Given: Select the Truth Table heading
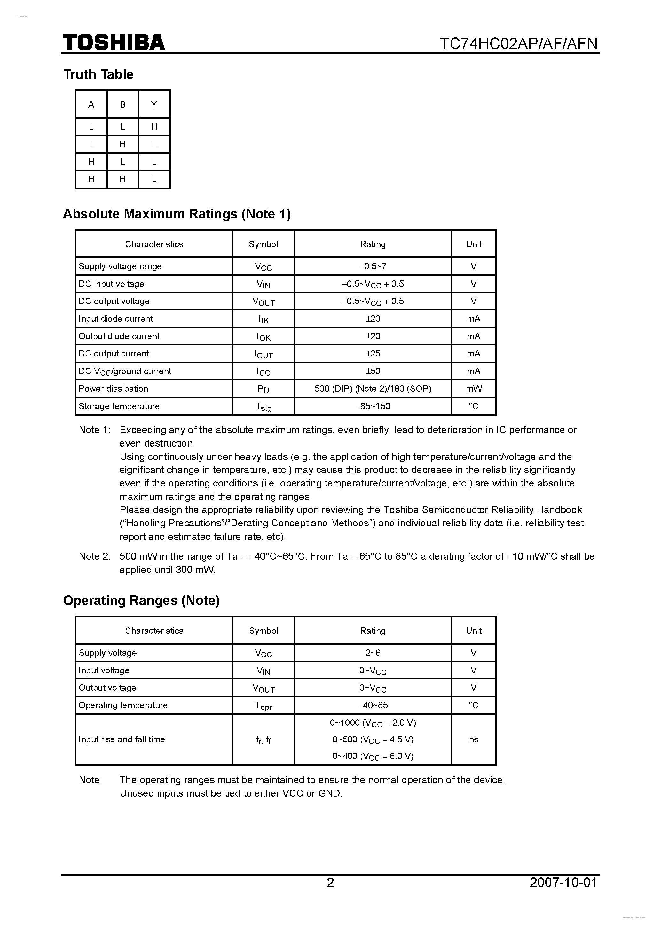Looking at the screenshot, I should pos(98,74).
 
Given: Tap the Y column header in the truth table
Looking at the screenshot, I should pos(154,104).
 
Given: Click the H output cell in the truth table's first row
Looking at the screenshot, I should pos(154,127).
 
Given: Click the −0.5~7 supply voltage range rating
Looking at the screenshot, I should pos(373,266).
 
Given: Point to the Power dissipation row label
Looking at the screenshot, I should pos(113,388).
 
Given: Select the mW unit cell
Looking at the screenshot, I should pos(474,388).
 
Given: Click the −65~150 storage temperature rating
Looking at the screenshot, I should pos(373,406).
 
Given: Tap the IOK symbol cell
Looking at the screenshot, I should pos(264,336).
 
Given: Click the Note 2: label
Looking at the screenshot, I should pos(94,556).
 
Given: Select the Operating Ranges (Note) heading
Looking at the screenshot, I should pos(141,601).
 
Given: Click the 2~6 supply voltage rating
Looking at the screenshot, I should pos(373,653).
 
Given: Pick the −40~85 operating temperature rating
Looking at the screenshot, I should pos(373,705).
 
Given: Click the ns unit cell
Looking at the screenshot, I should pos(474,739).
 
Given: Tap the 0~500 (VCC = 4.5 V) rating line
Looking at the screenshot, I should pos(373,739).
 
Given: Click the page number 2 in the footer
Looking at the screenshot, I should pos(330,882).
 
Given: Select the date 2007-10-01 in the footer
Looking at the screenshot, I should pos(563,882).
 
